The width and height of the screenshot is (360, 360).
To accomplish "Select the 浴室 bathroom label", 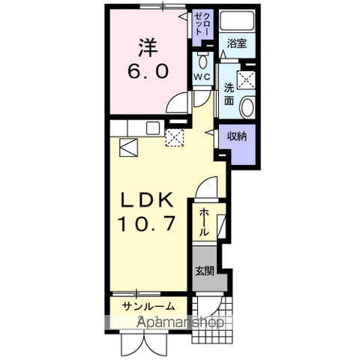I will click(x=238, y=44).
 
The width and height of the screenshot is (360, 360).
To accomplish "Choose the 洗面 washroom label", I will click(x=229, y=95).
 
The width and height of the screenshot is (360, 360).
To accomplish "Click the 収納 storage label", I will click(x=238, y=137).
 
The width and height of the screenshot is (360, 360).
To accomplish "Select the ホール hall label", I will click(x=203, y=223).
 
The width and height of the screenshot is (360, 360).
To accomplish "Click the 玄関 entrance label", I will click(x=203, y=271).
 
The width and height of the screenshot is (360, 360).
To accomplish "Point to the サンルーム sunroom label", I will click(x=150, y=305).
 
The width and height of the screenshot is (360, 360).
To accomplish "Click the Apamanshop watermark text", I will click(x=180, y=322).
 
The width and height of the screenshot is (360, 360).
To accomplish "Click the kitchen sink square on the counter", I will click(x=128, y=147).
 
